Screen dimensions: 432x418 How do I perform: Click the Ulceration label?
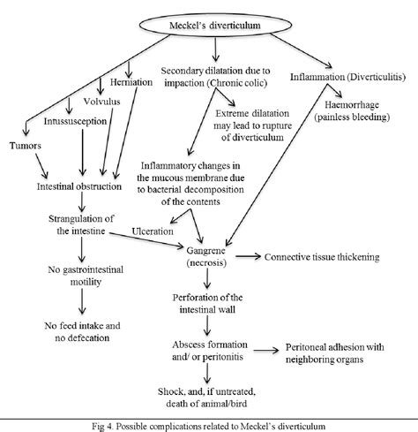click(152, 231)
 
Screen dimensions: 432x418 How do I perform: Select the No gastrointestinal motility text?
click(81, 277)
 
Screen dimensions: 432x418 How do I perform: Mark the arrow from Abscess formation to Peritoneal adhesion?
click(269, 350)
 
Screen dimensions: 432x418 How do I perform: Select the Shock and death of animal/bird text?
click(208, 398)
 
